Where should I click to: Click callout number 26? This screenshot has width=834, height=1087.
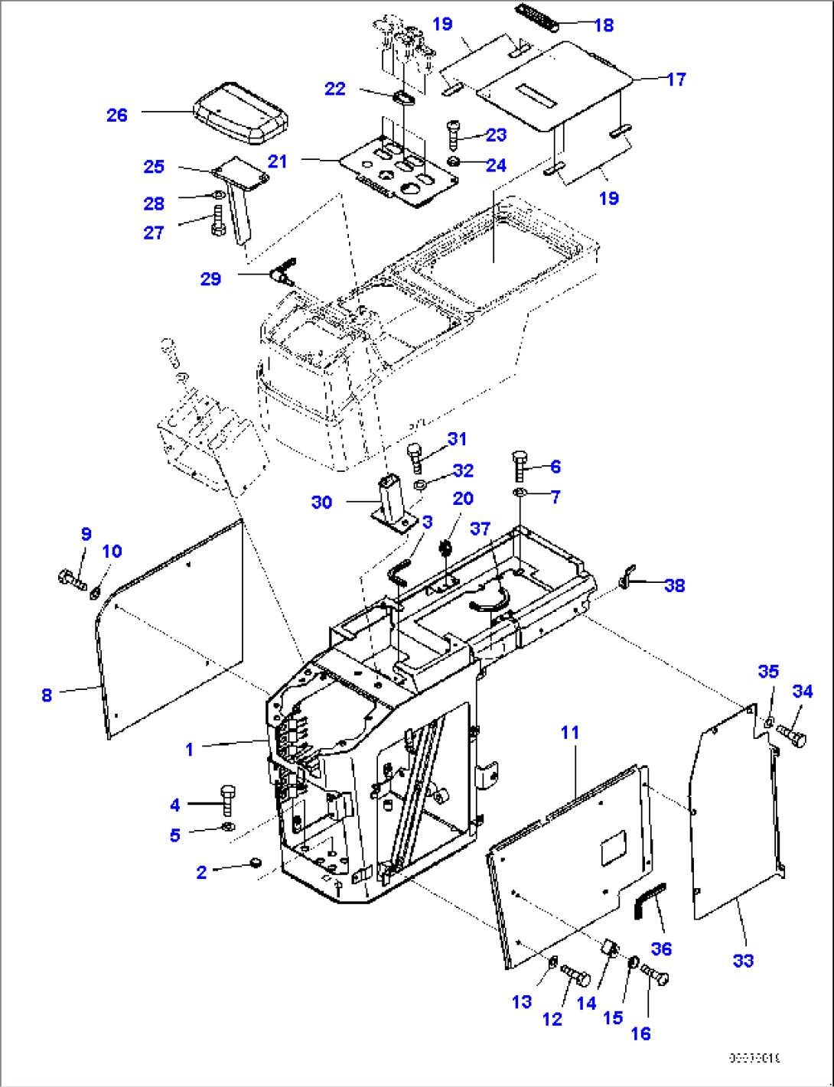tap(116, 115)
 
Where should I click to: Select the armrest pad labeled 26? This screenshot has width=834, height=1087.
tap(240, 114)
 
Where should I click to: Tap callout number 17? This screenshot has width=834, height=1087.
tap(676, 79)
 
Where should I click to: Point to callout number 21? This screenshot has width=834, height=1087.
tap(277, 161)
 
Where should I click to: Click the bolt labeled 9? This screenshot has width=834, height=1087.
tap(71, 579)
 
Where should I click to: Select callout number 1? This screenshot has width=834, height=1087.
tap(190, 749)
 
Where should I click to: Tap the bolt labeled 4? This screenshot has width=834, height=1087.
tap(227, 799)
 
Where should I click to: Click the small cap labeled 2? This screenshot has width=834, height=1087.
tap(255, 864)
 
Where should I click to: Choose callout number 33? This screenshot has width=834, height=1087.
tap(743, 960)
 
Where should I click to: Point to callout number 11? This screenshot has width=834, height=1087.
tap(570, 732)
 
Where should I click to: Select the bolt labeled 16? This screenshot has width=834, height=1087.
tap(655, 975)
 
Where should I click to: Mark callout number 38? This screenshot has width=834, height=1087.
tap(674, 585)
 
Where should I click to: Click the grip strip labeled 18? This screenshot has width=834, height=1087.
tap(537, 17)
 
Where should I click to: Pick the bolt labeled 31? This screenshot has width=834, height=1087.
tap(415, 456)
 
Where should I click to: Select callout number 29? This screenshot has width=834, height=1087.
tap(210, 279)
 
